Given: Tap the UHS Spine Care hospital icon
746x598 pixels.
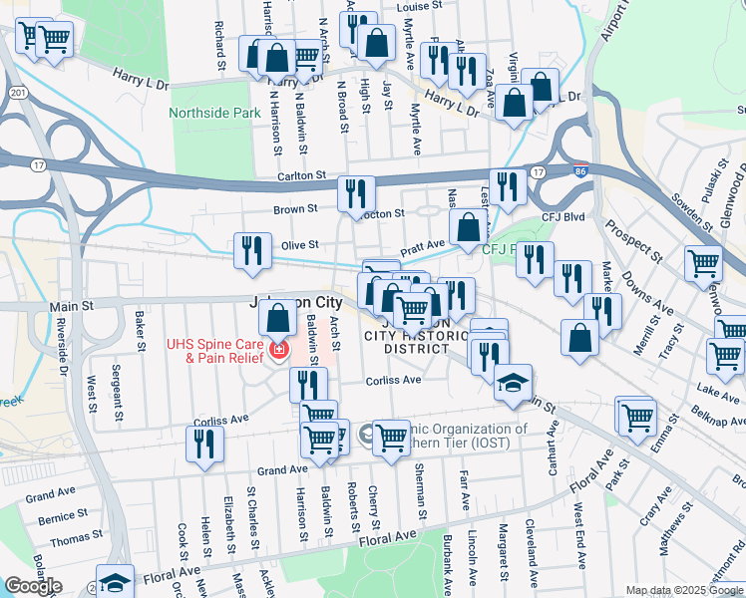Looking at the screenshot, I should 280,351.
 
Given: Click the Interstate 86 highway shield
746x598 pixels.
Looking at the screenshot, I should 579,171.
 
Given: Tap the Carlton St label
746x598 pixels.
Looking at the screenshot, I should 301,175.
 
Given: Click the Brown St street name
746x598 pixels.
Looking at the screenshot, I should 295,209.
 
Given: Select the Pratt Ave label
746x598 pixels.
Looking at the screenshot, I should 422,245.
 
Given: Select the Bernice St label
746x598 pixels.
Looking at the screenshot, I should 62,518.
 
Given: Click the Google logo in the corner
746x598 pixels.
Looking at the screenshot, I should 33,586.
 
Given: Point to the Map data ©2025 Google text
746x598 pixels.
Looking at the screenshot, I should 684,590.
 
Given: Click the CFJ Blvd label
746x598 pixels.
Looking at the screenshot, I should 560,214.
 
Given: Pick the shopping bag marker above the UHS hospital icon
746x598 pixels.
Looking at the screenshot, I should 280,319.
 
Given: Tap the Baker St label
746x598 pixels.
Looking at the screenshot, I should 139,326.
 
